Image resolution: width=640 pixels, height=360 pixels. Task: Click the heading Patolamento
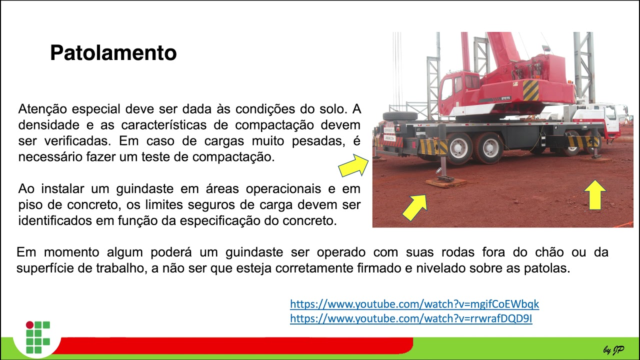click(113, 53)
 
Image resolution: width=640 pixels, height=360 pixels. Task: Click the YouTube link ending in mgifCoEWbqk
click(414, 304)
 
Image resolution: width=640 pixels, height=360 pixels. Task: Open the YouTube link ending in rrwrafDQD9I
click(411, 318)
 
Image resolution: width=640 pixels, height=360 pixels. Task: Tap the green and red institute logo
click(38, 337)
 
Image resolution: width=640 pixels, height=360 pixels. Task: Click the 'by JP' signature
click(613, 350)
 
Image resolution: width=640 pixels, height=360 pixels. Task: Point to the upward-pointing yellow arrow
click(594, 194)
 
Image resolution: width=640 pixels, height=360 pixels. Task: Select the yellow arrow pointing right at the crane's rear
click(353, 166)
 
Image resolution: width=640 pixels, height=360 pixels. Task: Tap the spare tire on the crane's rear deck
click(400, 116)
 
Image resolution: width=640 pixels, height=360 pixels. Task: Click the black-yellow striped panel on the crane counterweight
click(530, 90)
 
